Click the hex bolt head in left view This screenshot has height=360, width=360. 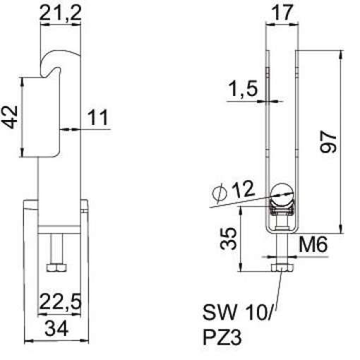point(54,268)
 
